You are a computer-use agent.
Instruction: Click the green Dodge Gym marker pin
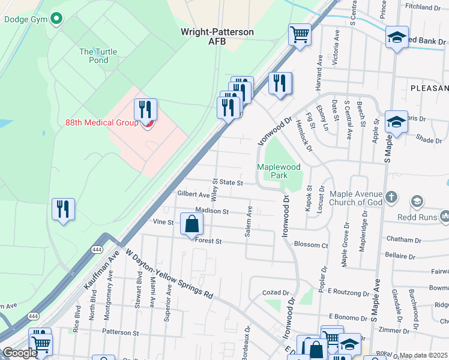(56, 19)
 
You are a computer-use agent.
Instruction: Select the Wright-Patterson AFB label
(217, 36)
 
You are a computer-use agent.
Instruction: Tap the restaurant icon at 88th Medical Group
(146, 109)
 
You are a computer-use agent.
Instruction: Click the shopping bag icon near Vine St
(191, 224)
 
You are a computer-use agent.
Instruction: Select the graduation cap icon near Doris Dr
(396, 122)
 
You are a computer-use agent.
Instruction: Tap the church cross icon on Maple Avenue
(391, 197)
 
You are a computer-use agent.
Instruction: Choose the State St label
(231, 182)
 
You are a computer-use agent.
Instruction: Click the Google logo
(19, 353)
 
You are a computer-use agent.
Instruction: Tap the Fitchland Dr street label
(423, 7)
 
